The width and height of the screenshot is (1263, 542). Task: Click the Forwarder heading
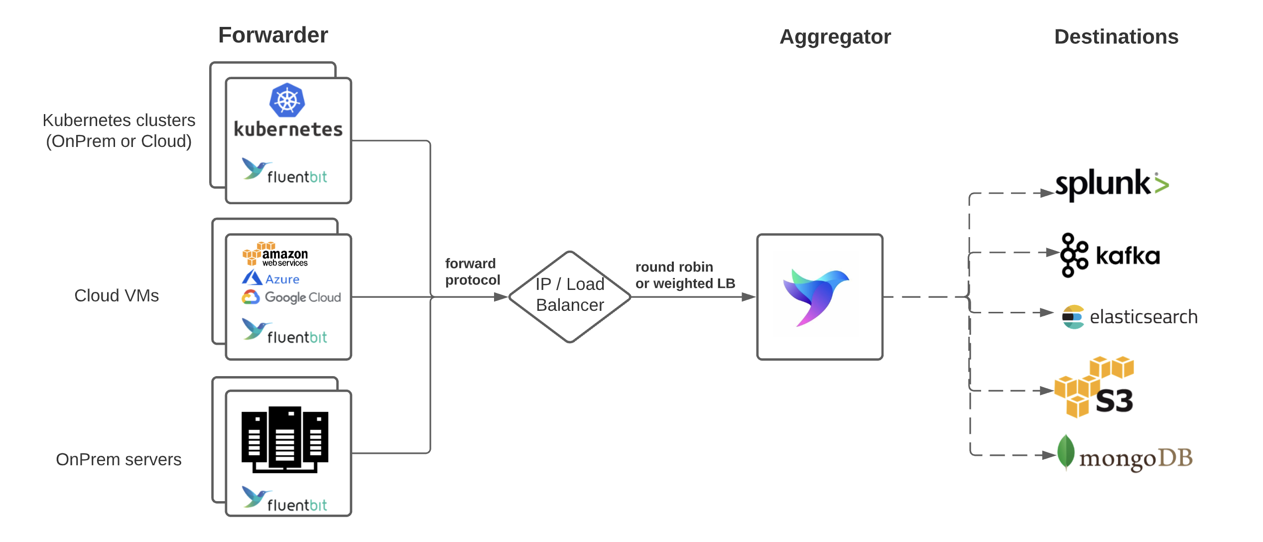coord(273,35)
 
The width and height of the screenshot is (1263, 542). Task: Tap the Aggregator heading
coord(835,37)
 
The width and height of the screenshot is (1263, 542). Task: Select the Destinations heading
coord(1116,37)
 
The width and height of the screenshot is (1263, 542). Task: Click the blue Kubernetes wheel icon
coord(287,100)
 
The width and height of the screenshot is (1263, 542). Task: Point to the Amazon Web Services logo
coord(275,254)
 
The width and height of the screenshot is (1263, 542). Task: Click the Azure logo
coord(271,278)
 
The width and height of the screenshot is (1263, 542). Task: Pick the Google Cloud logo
coord(291,297)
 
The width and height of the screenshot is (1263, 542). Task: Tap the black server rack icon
coord(285,439)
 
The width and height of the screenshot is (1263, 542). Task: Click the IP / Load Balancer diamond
coord(570,296)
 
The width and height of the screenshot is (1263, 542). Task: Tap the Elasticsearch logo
coord(1129,317)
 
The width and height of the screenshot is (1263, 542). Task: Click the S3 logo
coord(1095,387)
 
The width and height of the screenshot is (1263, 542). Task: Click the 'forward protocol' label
coord(472,271)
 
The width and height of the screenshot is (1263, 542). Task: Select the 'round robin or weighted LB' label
coord(685,275)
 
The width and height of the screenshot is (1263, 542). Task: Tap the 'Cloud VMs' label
coord(117,295)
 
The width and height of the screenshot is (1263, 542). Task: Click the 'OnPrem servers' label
coord(119,459)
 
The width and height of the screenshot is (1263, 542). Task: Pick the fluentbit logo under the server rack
coord(284,500)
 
